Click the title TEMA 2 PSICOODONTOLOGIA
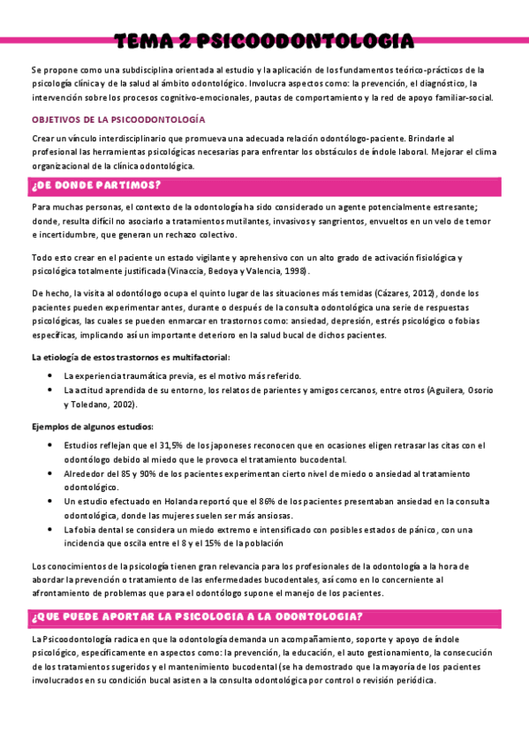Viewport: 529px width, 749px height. pyautogui.click(x=264, y=41)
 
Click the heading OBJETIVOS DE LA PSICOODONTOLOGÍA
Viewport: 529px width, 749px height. pyautogui.click(x=118, y=118)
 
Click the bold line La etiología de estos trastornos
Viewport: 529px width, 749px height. pyautogui.click(x=131, y=357)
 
